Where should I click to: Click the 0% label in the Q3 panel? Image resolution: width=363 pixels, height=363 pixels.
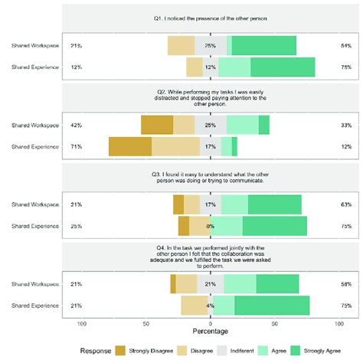point(211,226)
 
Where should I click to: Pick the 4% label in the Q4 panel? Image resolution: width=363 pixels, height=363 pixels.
point(211,306)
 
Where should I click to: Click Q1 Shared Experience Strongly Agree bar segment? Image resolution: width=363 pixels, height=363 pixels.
point(272,67)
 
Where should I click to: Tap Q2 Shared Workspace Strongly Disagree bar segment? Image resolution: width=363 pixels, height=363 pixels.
point(157,125)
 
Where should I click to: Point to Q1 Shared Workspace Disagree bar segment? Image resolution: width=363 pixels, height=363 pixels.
point(181,46)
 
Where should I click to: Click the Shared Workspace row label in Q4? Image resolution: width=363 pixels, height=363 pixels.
point(35,284)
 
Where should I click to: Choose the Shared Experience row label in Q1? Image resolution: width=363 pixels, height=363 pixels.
point(35,67)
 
